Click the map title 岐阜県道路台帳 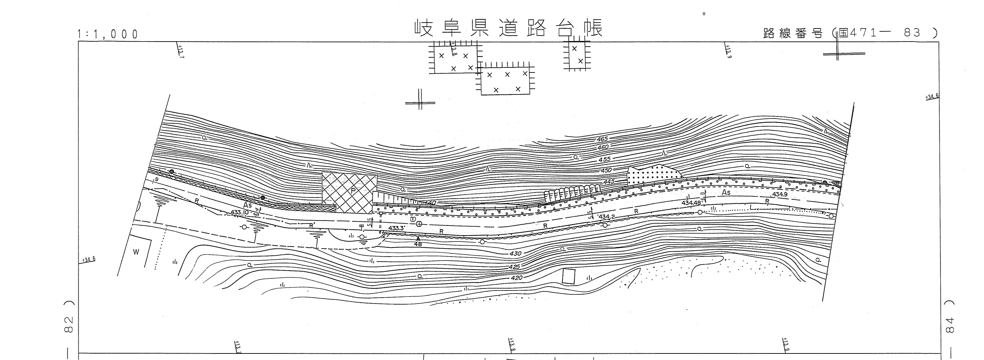point(508,28)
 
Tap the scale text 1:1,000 point(108,34)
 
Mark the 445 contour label point(609,182)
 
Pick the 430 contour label point(515,253)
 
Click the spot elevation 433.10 point(239,213)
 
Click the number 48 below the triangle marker point(418,244)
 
